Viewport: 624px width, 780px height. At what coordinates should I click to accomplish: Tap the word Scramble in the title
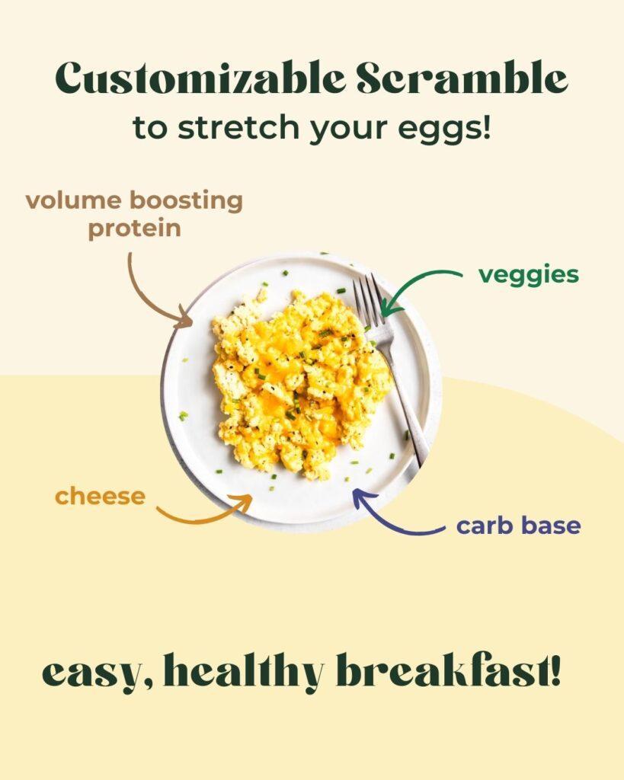click(x=462, y=78)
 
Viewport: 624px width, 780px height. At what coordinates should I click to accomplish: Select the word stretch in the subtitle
click(x=239, y=127)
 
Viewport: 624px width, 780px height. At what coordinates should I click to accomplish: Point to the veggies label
click(x=529, y=275)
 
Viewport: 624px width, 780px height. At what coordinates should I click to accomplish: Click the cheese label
click(x=100, y=497)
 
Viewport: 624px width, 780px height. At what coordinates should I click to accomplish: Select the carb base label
click(x=519, y=526)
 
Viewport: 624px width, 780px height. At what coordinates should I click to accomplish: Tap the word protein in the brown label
click(x=134, y=229)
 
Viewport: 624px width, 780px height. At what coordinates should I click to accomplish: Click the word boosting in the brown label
click(x=186, y=201)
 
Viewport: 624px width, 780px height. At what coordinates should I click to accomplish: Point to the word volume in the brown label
click(x=74, y=200)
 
